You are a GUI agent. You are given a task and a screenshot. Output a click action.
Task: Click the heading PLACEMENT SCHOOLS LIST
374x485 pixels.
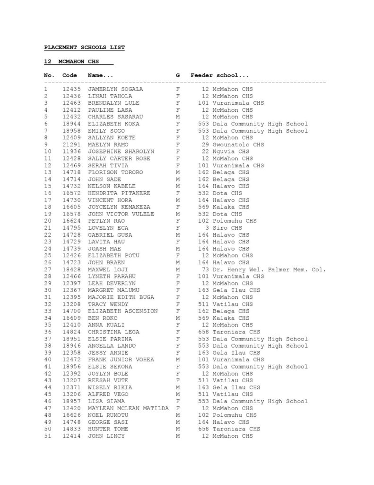(x=84, y=47)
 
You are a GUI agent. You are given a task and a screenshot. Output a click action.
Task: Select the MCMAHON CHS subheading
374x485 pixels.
(x=76, y=62)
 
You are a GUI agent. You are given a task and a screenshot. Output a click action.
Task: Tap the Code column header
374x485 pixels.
(x=70, y=75)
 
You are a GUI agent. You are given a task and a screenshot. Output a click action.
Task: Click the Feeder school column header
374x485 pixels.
(x=220, y=75)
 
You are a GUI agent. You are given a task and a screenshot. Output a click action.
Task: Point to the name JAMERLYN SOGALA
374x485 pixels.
(x=115, y=89)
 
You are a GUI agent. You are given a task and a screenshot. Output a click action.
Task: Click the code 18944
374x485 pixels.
(x=70, y=124)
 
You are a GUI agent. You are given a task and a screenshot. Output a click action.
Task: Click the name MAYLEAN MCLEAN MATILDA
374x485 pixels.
(x=128, y=408)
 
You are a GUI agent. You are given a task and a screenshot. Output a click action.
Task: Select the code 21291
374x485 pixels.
(x=70, y=144)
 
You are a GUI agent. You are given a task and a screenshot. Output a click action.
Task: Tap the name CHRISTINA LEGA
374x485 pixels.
(x=113, y=332)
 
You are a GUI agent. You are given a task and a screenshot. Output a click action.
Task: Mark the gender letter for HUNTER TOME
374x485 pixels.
(x=178, y=429)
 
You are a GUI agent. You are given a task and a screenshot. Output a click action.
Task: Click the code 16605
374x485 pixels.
(x=70, y=207)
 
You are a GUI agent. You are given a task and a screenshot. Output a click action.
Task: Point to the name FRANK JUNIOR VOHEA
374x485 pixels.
(x=121, y=359)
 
